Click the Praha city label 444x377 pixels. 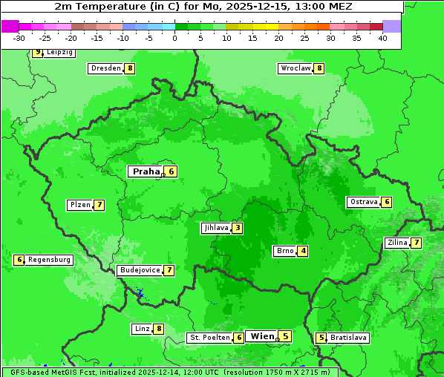tap(146, 171)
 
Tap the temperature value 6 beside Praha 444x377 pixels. tap(172, 171)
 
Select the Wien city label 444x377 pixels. tap(262, 336)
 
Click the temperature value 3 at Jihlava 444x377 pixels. tap(237, 228)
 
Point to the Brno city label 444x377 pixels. tap(285, 251)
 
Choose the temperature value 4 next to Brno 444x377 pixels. tap(303, 251)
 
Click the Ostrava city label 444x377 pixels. tap(364, 202)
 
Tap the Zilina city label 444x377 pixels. tap(397, 243)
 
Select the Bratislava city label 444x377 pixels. tap(348, 338)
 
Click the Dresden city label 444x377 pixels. tap(105, 68)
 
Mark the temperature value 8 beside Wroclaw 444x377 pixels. tap(319, 68)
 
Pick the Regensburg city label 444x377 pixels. tap(49, 260)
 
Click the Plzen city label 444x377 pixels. tap(80, 205)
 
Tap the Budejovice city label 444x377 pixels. tap(139, 270)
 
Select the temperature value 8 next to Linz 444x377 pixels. tap(159, 329)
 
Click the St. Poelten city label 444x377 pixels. tap(209, 338)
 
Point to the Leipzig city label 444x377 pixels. tap(59, 53)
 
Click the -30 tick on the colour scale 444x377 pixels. tap(19, 37)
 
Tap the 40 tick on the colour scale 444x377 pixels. tap(382, 37)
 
